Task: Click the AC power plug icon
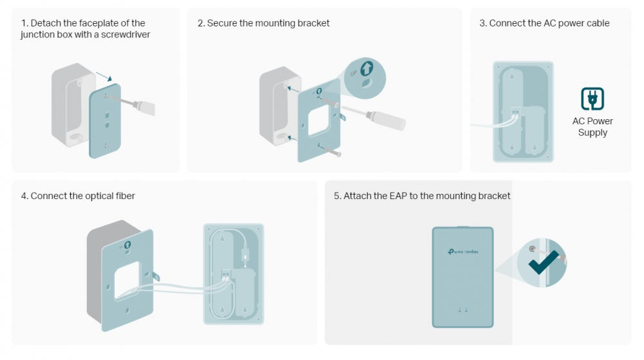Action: tap(592, 99)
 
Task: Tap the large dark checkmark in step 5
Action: tap(544, 262)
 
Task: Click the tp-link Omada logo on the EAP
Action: tap(463, 252)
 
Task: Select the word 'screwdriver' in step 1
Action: tap(126, 35)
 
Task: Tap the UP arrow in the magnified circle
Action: tap(367, 68)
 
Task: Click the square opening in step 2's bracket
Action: tap(319, 120)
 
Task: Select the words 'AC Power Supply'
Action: tap(592, 127)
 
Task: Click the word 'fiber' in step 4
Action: tap(125, 196)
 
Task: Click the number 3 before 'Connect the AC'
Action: tap(482, 23)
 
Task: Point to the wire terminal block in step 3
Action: tap(515, 111)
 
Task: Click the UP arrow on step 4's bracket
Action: tap(128, 245)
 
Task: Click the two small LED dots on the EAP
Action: tap(463, 310)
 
